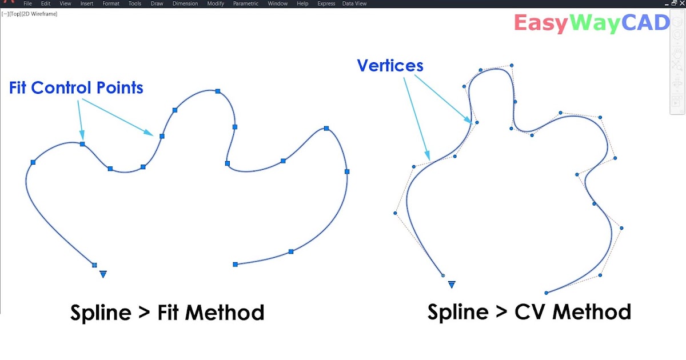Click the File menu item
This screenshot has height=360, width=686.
(x=27, y=3)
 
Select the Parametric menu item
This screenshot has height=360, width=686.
(x=245, y=3)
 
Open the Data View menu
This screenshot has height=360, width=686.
(x=354, y=3)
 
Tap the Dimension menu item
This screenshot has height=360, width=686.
(x=185, y=3)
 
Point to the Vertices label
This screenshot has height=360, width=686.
(x=390, y=66)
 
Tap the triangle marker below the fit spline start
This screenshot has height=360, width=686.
(x=103, y=274)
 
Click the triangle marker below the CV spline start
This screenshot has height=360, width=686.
(x=452, y=284)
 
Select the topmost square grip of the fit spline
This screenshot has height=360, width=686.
(x=218, y=91)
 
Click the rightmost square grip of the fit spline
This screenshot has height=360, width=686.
(x=347, y=171)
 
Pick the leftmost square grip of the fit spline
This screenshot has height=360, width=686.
(x=33, y=163)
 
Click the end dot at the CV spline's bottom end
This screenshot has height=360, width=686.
(x=547, y=293)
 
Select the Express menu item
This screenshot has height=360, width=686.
(x=326, y=3)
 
